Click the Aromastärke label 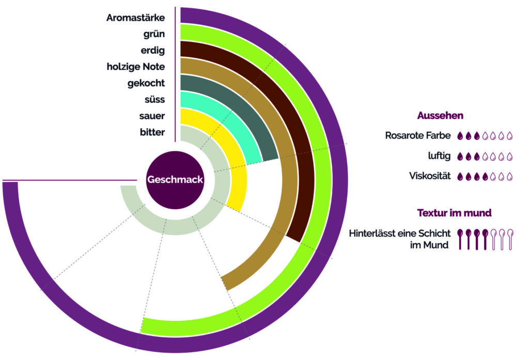(x=135, y=18)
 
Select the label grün (x=154, y=34)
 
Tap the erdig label (x=152, y=50)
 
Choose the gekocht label (x=146, y=83)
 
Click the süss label (x=154, y=99)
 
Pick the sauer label (x=152, y=116)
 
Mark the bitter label (x=152, y=132)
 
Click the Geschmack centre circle (x=175, y=180)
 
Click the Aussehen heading (x=440, y=115)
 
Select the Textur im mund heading (x=454, y=212)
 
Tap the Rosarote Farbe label (x=418, y=136)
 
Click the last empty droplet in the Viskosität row (x=509, y=176)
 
